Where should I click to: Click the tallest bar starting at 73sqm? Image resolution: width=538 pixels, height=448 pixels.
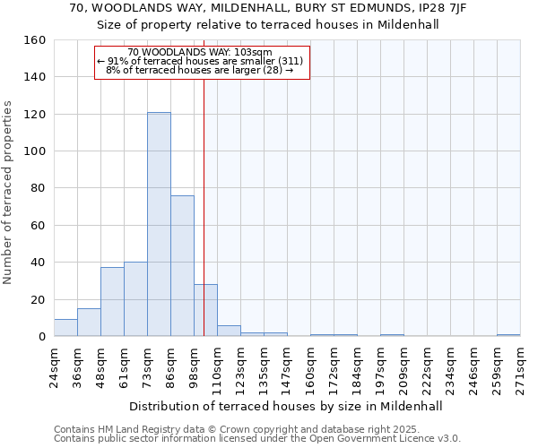159,224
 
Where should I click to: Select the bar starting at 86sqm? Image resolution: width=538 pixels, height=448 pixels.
182,266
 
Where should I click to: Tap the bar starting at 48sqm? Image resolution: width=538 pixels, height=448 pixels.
112,302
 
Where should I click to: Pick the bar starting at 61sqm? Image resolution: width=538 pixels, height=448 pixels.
135,299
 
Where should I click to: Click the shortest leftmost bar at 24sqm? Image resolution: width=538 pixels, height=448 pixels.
65,328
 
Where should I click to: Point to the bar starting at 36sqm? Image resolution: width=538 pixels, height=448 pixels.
89,323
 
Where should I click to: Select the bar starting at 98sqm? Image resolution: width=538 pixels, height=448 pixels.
205,310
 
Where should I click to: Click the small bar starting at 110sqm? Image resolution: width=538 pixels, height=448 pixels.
229,331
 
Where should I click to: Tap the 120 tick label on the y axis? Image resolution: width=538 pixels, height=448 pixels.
35,115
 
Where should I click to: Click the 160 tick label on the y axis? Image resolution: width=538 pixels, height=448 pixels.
35,40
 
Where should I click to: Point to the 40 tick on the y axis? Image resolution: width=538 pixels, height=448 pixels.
39,263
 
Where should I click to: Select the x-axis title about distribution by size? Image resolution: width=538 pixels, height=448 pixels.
286,406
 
